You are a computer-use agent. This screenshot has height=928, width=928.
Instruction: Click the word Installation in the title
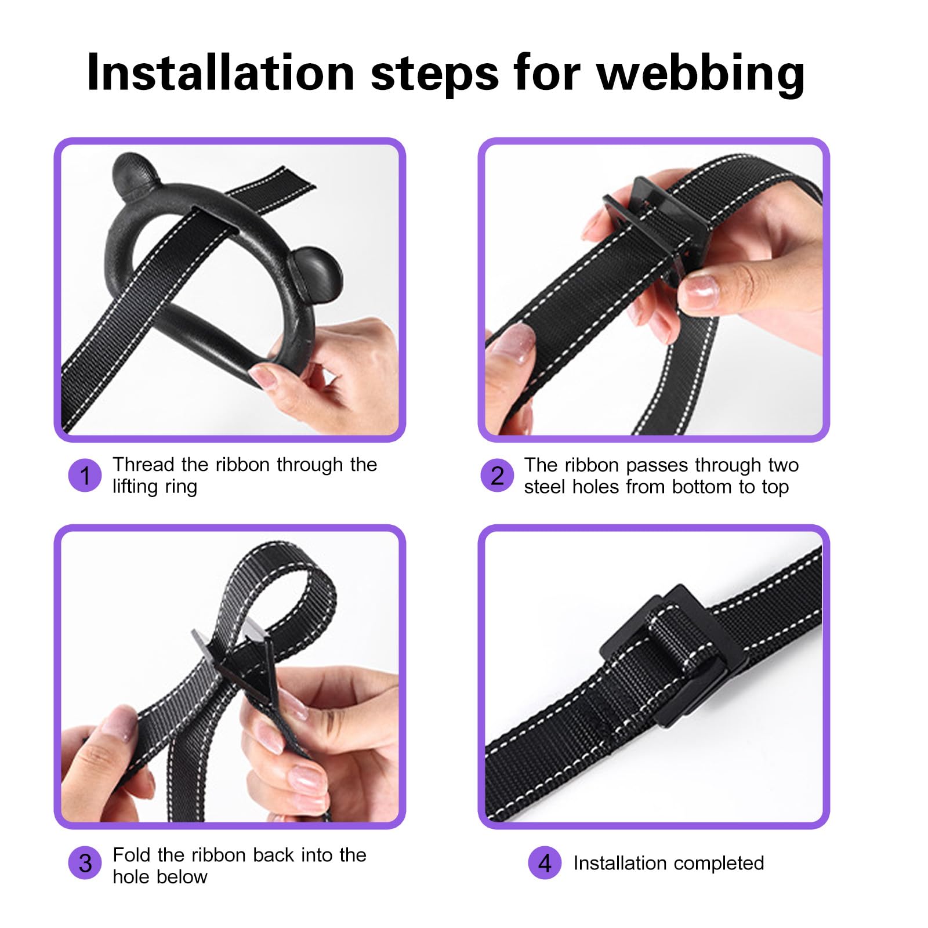point(220,72)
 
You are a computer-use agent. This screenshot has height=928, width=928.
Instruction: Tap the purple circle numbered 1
point(85,476)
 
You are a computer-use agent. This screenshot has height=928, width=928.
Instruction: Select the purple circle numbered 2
point(497,476)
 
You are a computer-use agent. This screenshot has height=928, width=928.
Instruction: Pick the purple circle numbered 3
point(85,863)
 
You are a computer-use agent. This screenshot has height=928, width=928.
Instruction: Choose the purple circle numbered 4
point(545,863)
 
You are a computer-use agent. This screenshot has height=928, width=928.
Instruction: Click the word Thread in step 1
point(143,465)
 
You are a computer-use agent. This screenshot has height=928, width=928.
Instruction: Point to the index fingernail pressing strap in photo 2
point(699,286)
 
